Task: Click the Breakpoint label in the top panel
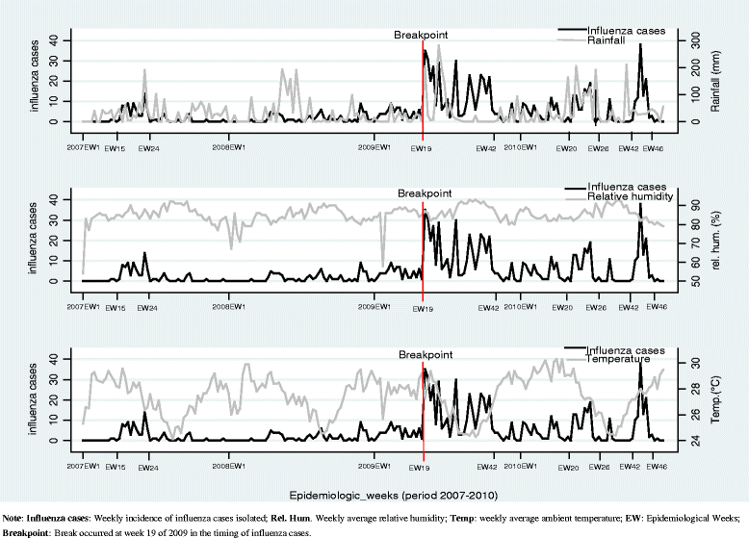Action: [421, 35]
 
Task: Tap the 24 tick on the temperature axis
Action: [688, 440]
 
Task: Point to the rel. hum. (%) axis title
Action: [715, 243]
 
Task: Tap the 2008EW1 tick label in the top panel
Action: [228, 148]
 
